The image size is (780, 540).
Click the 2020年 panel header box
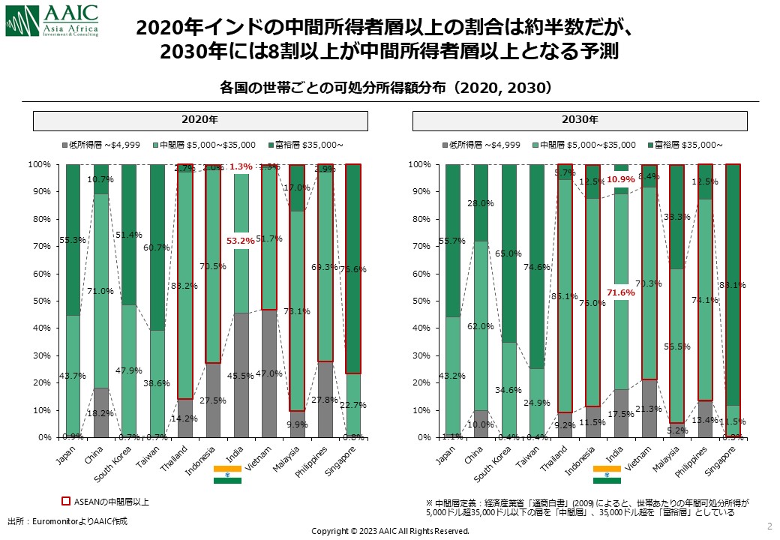(x=200, y=120)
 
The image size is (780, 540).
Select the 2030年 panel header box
(x=580, y=120)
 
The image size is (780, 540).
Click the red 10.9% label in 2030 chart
(x=620, y=180)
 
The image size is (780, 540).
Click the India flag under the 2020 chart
(x=227, y=474)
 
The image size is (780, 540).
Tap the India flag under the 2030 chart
(x=607, y=474)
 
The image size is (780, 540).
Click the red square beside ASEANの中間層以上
(x=65, y=500)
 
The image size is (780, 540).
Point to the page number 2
(x=769, y=524)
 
